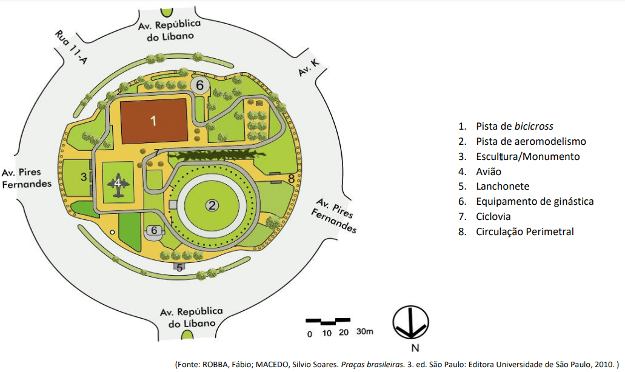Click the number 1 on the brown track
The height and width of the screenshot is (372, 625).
pyautogui.click(x=153, y=121)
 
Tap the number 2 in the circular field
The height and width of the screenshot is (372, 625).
pyautogui.click(x=212, y=205)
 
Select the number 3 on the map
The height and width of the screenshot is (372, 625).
pyautogui.click(x=84, y=177)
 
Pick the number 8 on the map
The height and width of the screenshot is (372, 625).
pyautogui.click(x=291, y=179)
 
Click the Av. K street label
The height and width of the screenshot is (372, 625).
pyautogui.click(x=308, y=68)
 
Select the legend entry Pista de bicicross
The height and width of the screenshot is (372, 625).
pyautogui.click(x=514, y=127)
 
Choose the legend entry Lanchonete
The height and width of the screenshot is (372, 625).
pyautogui.click(x=503, y=187)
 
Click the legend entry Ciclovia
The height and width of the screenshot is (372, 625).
pyautogui.click(x=493, y=216)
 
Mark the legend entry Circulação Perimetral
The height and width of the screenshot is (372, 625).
pyautogui.click(x=524, y=231)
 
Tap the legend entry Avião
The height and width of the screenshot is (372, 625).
pyautogui.click(x=489, y=171)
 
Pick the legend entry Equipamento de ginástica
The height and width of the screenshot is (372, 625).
pyautogui.click(x=535, y=201)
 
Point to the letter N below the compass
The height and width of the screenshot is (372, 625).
pyautogui.click(x=415, y=348)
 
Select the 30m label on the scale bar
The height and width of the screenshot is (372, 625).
pyautogui.click(x=364, y=332)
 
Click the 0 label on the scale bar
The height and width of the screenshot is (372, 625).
pyautogui.click(x=309, y=333)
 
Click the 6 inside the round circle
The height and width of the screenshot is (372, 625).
pyautogui.click(x=199, y=85)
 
